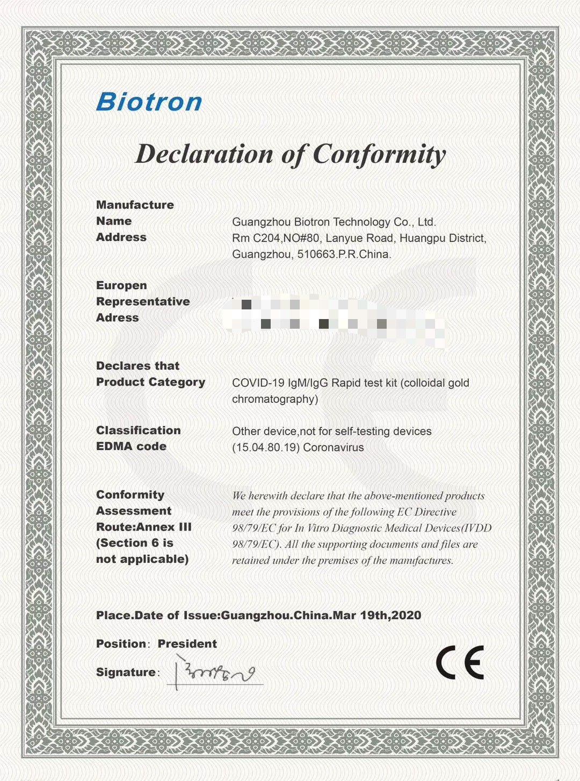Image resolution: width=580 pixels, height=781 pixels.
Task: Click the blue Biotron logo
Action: [x=149, y=102]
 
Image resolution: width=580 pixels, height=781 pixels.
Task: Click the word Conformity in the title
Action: [x=379, y=155]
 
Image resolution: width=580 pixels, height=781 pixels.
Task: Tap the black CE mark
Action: [x=460, y=662]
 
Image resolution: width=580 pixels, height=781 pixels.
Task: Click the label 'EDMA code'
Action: [x=131, y=446]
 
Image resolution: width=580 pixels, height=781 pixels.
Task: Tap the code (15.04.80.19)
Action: [x=265, y=447]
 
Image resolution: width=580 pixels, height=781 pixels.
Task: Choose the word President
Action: [x=187, y=643]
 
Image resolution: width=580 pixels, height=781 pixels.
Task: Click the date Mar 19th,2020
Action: [x=377, y=616]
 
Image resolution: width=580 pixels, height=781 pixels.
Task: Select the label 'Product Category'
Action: [x=150, y=382]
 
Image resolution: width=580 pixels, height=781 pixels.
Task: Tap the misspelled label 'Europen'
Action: [x=121, y=285]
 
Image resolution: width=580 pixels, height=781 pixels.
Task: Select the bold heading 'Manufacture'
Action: [x=135, y=205]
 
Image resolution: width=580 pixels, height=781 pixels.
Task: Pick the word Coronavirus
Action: [x=334, y=447]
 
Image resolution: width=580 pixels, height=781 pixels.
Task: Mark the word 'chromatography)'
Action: [x=275, y=399]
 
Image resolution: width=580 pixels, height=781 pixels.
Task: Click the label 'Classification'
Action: [x=138, y=430]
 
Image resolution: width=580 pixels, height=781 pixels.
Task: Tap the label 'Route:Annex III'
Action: [x=143, y=527]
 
